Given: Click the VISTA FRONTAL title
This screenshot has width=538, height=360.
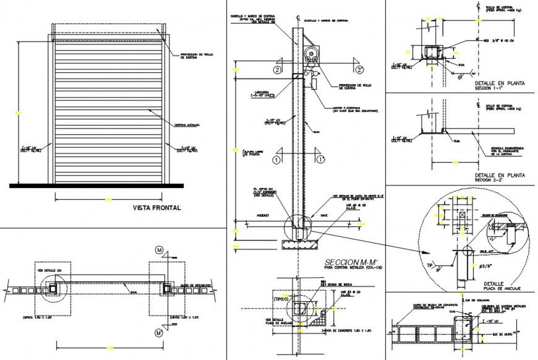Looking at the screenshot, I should click(156, 208).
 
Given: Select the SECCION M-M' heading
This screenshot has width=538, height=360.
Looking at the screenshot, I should click(348, 262).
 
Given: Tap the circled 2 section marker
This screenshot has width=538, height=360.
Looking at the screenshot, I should click(278, 69).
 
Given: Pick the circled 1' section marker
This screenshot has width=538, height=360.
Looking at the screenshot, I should click(321, 159).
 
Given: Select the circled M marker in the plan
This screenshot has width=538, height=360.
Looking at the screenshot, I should click(160, 250).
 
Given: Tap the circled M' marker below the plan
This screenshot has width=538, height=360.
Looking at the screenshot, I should click(160, 333).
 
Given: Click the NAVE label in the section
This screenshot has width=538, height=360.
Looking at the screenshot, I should click(324, 216).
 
